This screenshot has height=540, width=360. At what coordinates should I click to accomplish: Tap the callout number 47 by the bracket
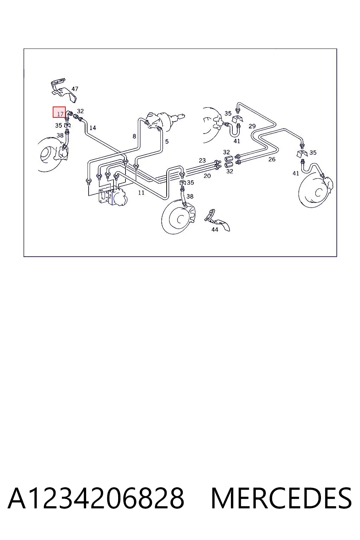click(x=75, y=89)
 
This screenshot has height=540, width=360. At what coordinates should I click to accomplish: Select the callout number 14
click(x=92, y=128)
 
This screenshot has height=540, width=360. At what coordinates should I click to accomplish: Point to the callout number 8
click(x=134, y=136)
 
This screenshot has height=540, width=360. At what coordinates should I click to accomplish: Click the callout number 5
click(x=167, y=142)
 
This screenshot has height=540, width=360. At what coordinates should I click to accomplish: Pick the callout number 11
click(x=141, y=193)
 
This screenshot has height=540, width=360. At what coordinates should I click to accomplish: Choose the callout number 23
click(x=202, y=160)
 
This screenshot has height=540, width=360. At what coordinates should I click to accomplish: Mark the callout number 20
click(x=207, y=176)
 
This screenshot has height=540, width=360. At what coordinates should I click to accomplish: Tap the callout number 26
click(x=272, y=159)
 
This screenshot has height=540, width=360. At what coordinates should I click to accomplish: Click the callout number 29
click(x=252, y=126)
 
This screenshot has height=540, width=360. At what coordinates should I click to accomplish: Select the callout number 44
click(x=214, y=230)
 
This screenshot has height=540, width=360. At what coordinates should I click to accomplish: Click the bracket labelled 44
click(x=217, y=219)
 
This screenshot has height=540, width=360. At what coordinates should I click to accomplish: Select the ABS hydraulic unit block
click(x=113, y=196)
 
